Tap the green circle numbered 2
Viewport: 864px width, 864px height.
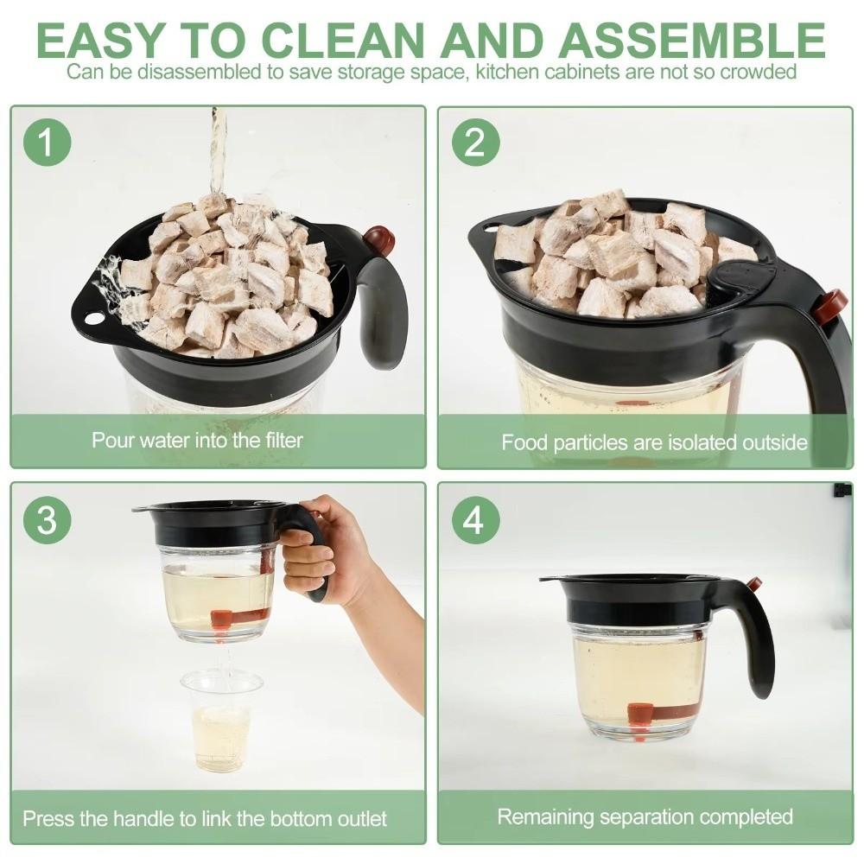click(x=475, y=143)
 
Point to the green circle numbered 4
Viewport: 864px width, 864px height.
click(x=475, y=521)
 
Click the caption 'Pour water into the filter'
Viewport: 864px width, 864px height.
click(x=198, y=440)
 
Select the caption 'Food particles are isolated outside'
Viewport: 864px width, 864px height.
click(x=654, y=442)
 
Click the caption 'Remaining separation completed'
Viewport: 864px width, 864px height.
click(x=645, y=816)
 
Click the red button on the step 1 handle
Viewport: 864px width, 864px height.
click(x=378, y=239)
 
